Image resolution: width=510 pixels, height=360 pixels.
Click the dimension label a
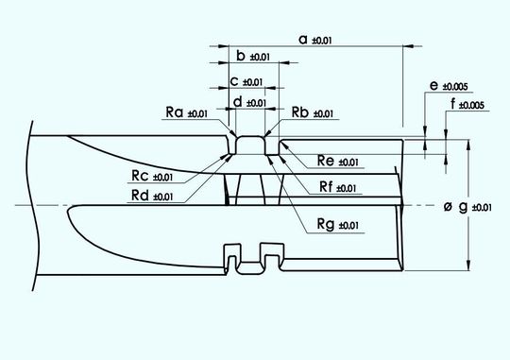coord(302,39)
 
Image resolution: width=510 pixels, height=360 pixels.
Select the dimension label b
coord(241,56)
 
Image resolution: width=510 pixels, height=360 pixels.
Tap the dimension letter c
coord(233,81)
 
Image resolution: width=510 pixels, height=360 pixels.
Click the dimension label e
coord(433,86)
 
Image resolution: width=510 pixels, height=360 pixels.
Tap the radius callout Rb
coord(299,113)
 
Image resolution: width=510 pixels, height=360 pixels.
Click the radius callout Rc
coord(140,176)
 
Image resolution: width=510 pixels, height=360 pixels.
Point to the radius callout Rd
coord(140,196)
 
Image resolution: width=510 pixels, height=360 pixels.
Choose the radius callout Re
coord(326,162)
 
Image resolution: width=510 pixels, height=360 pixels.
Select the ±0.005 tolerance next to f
coord(471,105)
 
